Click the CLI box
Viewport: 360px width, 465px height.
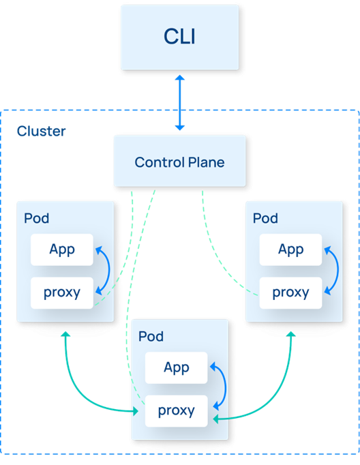point(180,37)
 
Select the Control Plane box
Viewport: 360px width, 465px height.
point(180,161)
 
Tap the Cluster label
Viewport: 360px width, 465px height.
point(41,131)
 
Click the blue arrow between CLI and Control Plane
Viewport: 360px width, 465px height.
point(180,102)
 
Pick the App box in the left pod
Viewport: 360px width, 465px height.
point(62,250)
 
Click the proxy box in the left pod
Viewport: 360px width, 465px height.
point(62,292)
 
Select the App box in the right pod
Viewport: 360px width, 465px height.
point(290,250)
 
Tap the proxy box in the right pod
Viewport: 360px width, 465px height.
point(290,292)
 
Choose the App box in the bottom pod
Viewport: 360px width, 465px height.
point(176,367)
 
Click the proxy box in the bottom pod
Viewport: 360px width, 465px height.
point(176,411)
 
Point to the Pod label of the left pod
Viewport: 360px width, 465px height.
point(36,218)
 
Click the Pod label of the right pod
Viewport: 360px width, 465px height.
point(265,218)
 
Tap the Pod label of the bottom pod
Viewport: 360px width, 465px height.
point(151,336)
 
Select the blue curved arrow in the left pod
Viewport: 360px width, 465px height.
point(109,270)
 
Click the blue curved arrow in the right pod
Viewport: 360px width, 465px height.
point(337,270)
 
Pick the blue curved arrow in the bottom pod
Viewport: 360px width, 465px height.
point(226,387)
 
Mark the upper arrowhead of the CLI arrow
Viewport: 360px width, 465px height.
point(180,78)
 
